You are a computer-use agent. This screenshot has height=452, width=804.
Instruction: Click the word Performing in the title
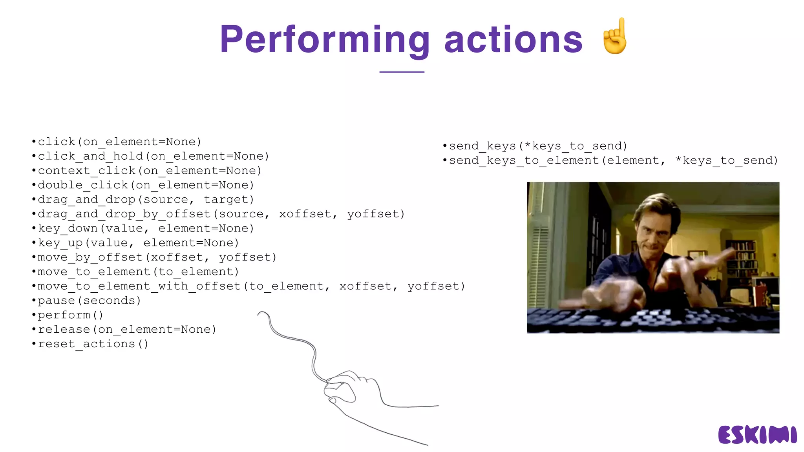coord(324,40)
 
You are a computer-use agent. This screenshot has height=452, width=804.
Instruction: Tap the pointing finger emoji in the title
coord(615,36)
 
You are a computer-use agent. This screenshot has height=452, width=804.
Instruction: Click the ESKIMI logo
coord(757,435)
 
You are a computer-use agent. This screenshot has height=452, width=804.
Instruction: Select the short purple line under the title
coord(402,72)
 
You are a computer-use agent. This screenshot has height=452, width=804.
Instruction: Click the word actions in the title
coord(513,40)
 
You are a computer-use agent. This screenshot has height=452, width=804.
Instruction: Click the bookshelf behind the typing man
coord(740,259)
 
